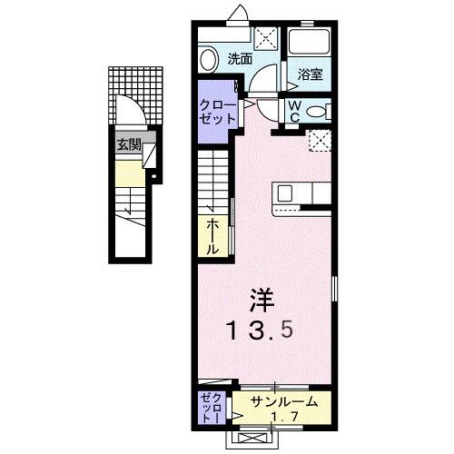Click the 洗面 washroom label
pos(240,59)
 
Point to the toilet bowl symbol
pos(317,112)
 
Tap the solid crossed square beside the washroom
pos(266,37)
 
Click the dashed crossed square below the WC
pos(319,140)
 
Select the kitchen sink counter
pos(306,194)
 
